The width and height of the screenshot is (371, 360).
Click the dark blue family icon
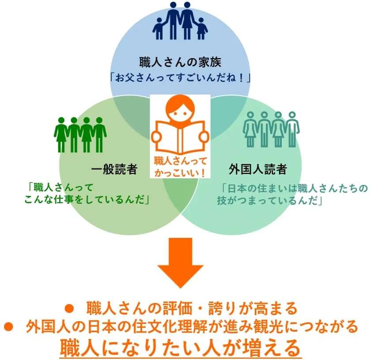[180, 21]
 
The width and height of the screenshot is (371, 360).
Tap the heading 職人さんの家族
[180, 62]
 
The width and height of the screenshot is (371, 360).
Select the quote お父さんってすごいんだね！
[180, 78]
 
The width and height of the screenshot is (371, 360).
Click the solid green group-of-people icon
[80, 135]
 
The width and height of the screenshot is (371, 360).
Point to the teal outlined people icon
[271, 129]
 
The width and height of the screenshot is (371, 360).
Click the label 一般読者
[114, 169]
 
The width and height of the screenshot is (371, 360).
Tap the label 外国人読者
[258, 169]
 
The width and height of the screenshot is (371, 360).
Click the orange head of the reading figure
[180, 109]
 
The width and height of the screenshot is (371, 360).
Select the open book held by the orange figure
[180, 137]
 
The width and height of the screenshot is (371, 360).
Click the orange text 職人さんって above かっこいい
[181, 161]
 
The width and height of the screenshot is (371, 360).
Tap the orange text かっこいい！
[180, 173]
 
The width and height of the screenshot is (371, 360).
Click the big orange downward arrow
[181, 263]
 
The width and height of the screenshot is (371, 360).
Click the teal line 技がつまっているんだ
[270, 200]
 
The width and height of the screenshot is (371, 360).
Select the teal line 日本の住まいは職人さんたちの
[295, 188]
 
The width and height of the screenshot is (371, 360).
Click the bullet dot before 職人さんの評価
[69, 309]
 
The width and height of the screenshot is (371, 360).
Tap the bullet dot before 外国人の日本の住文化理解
[8, 326]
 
